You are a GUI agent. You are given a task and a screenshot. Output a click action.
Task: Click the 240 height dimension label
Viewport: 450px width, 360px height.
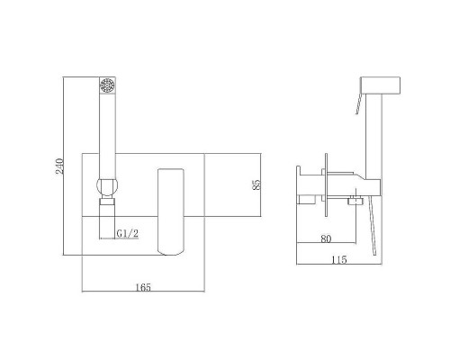(59, 166)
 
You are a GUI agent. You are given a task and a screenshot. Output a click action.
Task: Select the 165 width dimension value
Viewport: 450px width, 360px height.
(143, 287)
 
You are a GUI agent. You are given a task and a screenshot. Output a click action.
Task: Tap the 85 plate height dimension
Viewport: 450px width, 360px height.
(256, 184)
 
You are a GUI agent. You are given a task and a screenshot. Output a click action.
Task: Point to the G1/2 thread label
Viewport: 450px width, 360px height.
(128, 233)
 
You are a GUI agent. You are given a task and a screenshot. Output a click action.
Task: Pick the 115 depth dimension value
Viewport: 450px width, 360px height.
(339, 259)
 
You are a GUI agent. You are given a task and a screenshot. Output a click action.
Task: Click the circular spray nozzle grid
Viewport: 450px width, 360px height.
(107, 85)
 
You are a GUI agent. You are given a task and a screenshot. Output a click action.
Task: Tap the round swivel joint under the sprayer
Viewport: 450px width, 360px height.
(107, 186)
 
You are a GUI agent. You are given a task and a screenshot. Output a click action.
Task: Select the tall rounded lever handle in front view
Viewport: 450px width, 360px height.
(170, 211)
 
